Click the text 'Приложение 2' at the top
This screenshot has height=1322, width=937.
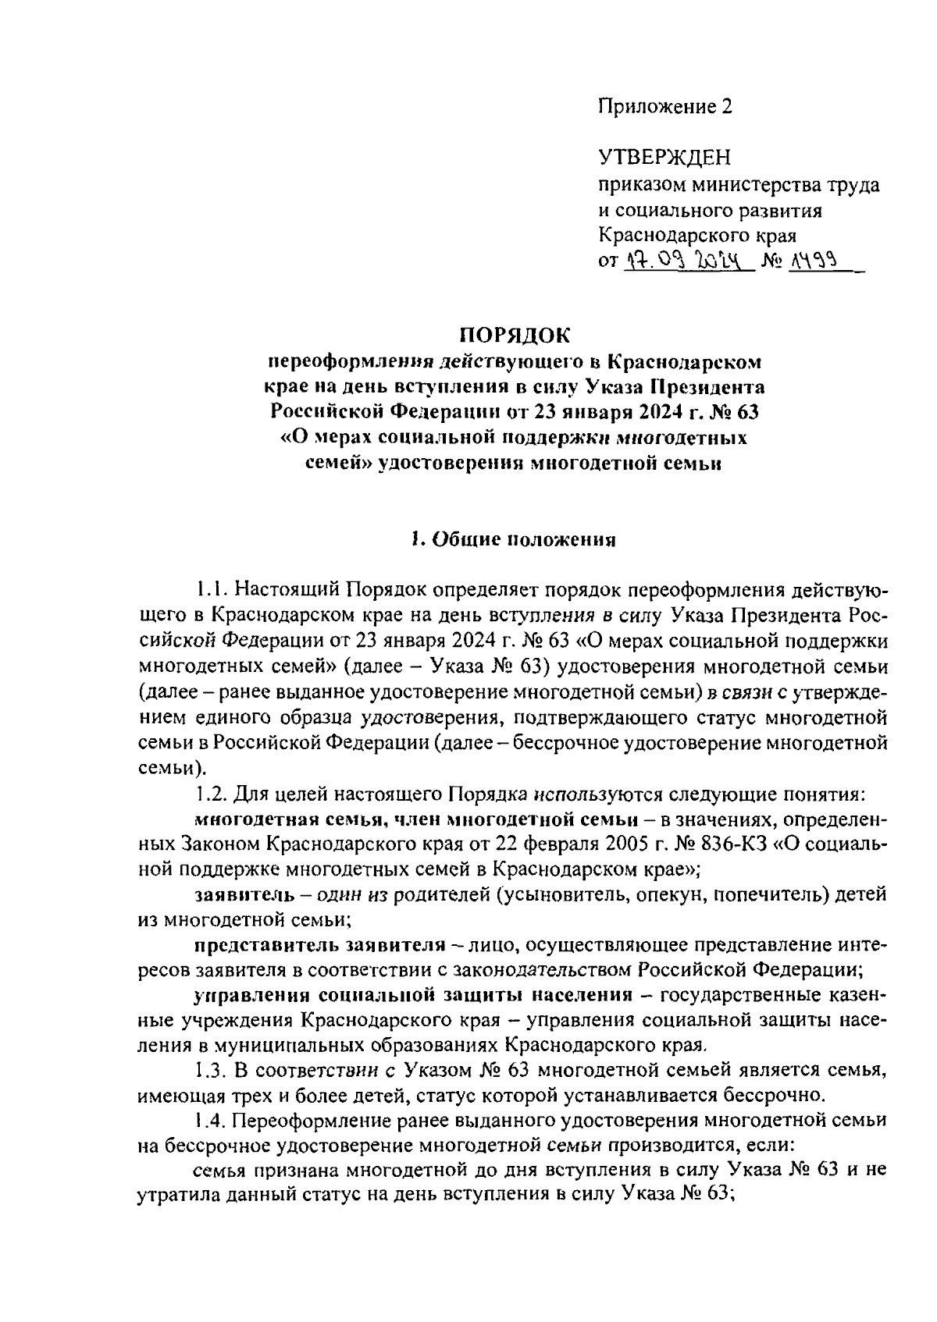click(666, 107)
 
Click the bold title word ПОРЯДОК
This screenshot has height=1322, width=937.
click(514, 336)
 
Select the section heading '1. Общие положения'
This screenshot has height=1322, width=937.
click(514, 539)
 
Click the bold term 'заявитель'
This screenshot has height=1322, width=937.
click(240, 893)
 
